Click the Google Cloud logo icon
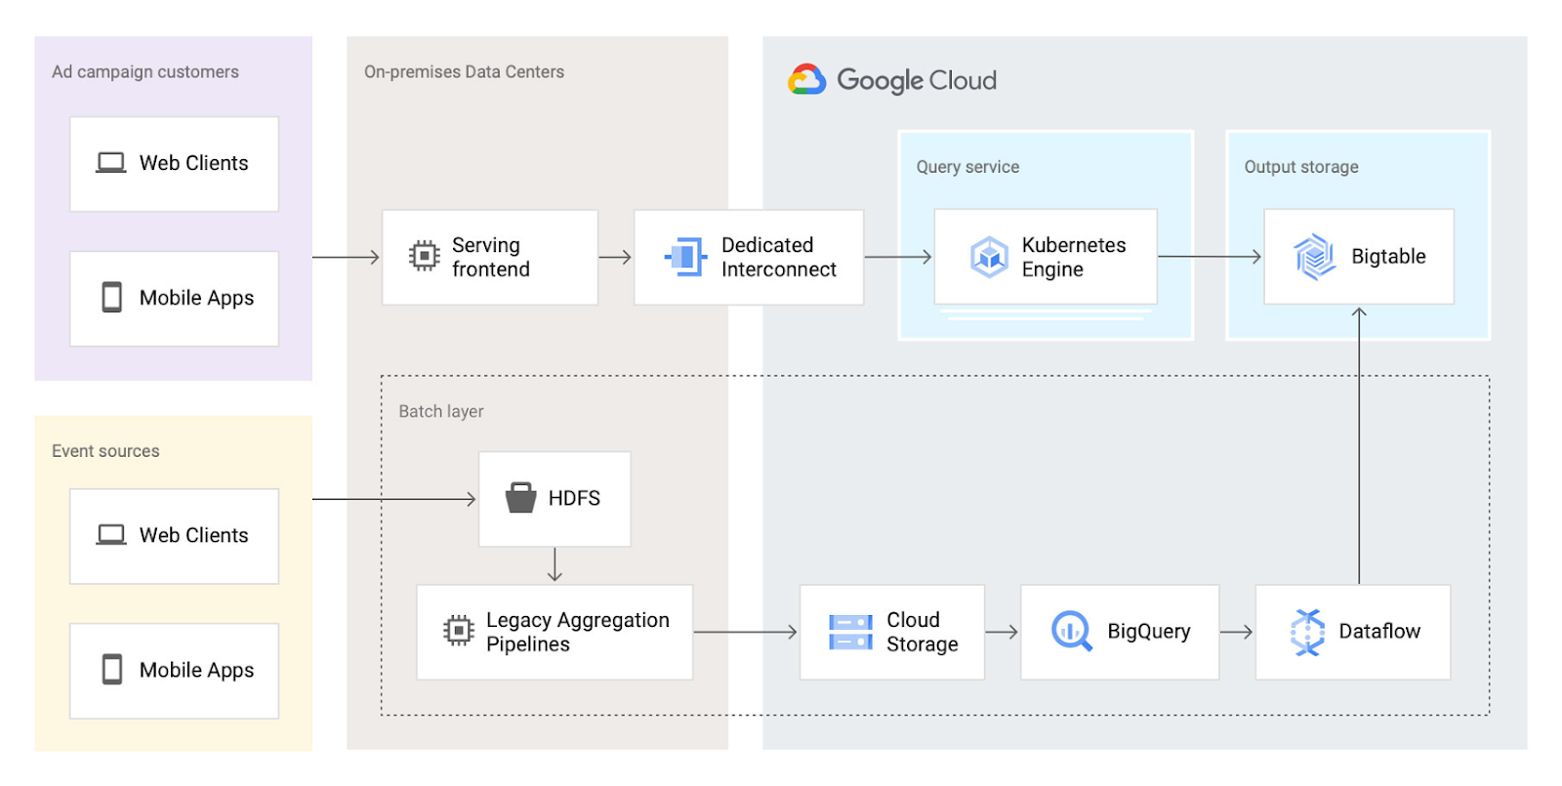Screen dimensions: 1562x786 (806, 79)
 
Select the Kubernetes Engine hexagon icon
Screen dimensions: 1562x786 (989, 257)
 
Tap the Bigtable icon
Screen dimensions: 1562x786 (1314, 257)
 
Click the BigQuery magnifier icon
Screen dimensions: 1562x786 (1071, 631)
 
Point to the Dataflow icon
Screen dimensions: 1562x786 (1307, 632)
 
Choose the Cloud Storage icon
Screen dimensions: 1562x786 (850, 632)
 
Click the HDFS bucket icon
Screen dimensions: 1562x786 (520, 497)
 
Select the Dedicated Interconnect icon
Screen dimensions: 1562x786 (685, 257)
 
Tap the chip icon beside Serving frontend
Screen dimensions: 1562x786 (424, 256)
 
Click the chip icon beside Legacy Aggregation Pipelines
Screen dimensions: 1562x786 (458, 631)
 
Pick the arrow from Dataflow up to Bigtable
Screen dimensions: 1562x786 (1359, 445)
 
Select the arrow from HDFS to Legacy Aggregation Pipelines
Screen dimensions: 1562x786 (555, 565)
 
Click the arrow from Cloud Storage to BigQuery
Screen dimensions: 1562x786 (1002, 632)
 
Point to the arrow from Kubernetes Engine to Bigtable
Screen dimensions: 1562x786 (1210, 257)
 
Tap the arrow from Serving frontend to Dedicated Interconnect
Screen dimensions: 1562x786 (615, 258)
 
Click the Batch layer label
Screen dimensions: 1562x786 (440, 411)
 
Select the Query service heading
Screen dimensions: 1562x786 (967, 167)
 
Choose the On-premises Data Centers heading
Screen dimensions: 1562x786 (464, 72)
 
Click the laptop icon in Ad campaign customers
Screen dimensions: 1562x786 (111, 163)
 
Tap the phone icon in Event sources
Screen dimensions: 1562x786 (111, 670)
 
